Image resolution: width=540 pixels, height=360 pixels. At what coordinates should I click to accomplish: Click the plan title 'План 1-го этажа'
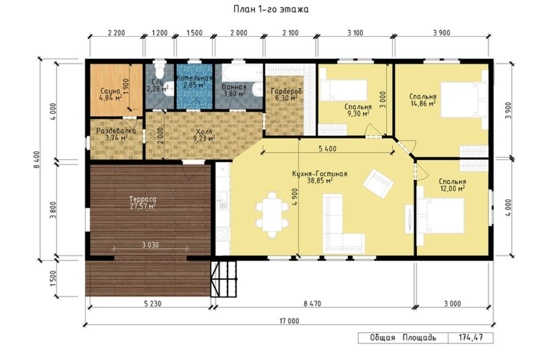pos(271,10)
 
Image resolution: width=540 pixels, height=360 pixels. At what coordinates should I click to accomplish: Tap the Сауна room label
pos(110,91)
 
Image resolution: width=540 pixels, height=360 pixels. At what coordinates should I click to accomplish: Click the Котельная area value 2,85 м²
pos(194,85)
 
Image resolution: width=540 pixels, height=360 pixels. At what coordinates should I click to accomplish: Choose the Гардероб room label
pos(286,91)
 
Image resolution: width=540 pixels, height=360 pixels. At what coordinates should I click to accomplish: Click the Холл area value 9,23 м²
pos(204,138)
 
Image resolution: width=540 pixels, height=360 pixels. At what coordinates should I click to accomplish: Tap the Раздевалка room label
pos(116,131)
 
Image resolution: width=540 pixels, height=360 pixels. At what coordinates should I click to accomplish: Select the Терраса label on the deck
pos(143,199)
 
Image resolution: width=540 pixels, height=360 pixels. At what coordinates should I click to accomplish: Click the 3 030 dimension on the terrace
pos(150,245)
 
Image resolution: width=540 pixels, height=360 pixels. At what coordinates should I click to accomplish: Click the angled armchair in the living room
pos(378,184)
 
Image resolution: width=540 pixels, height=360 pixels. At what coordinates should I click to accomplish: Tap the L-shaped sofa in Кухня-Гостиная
pos(344,224)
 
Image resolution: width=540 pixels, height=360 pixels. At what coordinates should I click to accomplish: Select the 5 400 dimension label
pos(327,148)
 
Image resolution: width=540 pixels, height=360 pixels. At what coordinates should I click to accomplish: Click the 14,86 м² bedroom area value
pos(423,104)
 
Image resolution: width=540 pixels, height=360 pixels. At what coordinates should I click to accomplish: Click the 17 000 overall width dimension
pos(289,321)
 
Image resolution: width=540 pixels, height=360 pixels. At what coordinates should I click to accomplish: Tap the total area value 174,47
pos(470,337)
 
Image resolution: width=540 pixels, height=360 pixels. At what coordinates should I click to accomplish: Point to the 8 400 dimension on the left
pos(36,159)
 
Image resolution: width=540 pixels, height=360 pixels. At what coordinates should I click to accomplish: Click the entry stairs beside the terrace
pos(224,279)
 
